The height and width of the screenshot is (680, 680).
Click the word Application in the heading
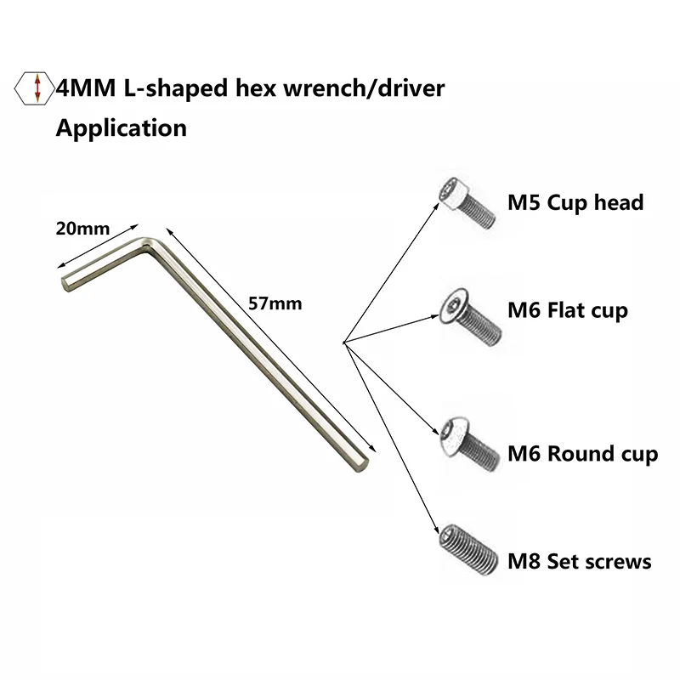[x=121, y=128]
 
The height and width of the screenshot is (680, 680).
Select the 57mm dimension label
[x=273, y=303]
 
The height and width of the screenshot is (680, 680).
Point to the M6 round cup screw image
[x=464, y=444]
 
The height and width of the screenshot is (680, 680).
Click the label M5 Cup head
[x=575, y=203]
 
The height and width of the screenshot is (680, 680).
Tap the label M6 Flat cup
[x=567, y=311]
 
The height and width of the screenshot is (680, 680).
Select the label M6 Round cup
[x=581, y=454]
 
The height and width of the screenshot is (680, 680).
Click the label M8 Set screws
[x=579, y=561]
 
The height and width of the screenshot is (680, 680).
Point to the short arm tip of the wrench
[x=65, y=281]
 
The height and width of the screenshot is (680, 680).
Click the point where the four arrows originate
[x=342, y=343]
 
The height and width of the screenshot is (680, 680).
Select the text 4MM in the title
[x=79, y=88]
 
